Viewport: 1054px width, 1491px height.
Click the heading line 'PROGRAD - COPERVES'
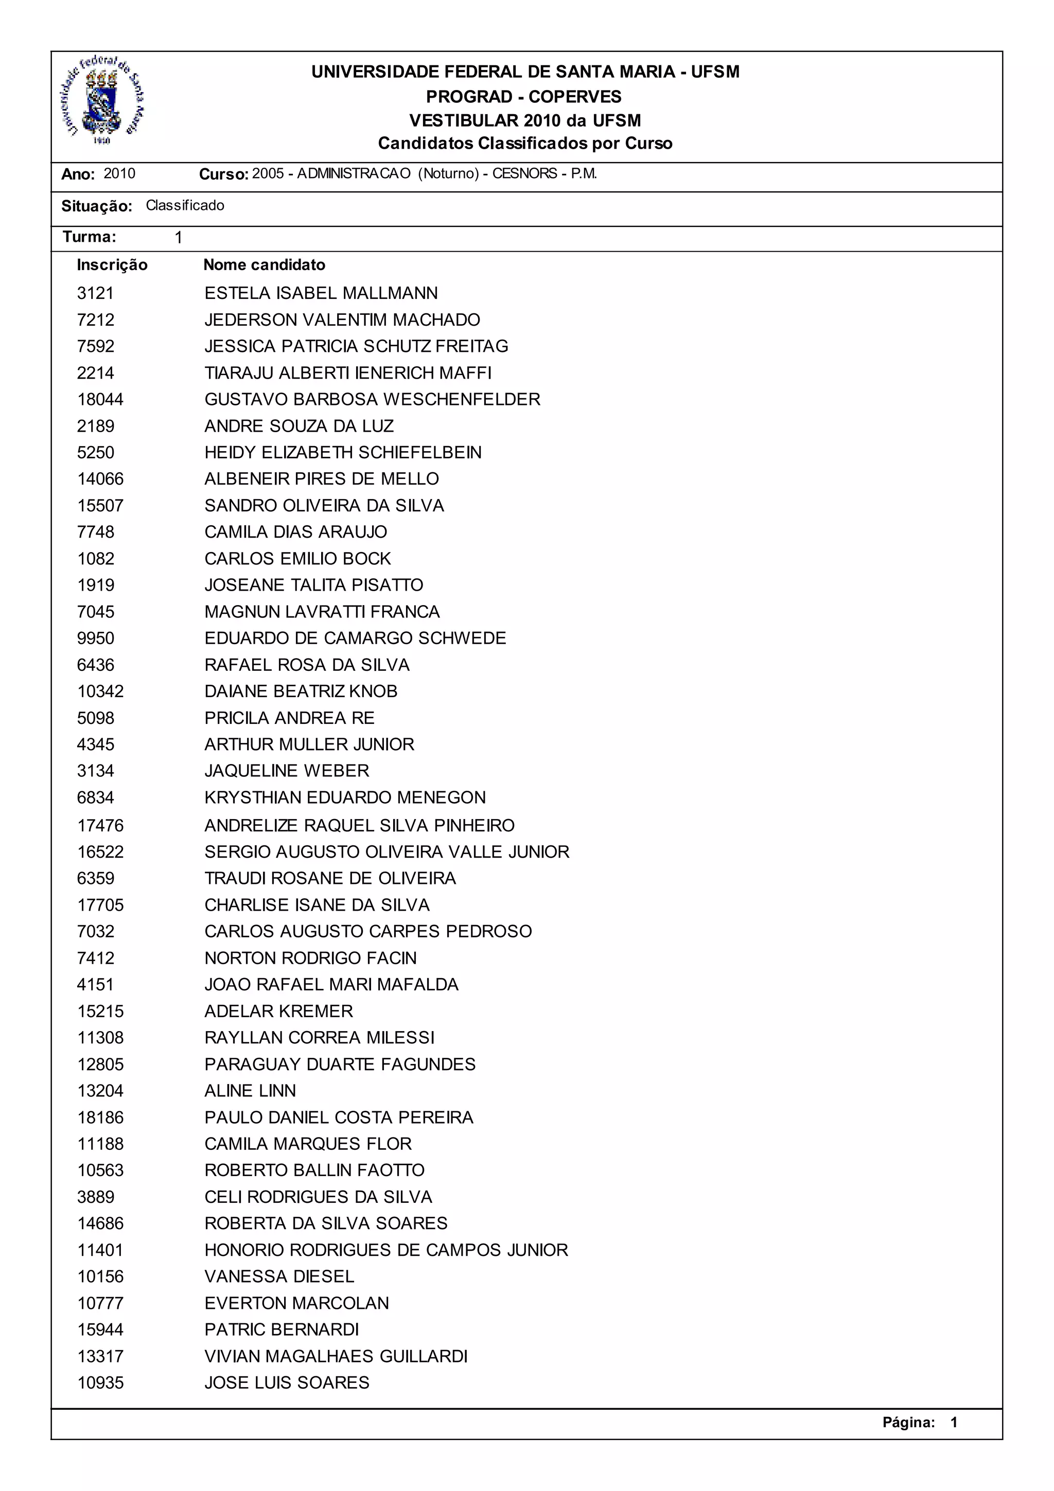pos(523,97)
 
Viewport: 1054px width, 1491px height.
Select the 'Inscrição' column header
pos(112,265)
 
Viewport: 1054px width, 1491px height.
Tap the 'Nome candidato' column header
pos(265,265)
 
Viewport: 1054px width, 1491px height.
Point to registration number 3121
pos(95,294)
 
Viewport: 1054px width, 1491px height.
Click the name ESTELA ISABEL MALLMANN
pos(321,294)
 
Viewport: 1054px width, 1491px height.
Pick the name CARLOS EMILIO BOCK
pos(297,558)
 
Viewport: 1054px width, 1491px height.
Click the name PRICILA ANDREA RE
pos(289,718)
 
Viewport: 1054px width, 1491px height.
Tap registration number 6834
pos(95,797)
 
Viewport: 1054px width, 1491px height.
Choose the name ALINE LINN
pos(250,1090)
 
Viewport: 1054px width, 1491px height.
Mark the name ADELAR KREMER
pos(278,1011)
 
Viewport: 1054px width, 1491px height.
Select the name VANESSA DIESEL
pos(279,1276)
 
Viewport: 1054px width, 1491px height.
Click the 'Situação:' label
pos(97,206)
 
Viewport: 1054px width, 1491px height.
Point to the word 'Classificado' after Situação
pos(185,206)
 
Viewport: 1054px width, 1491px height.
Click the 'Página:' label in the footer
pos(908,1422)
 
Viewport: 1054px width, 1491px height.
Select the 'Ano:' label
pos(78,174)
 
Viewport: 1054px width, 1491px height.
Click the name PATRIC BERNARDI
pos(281,1329)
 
